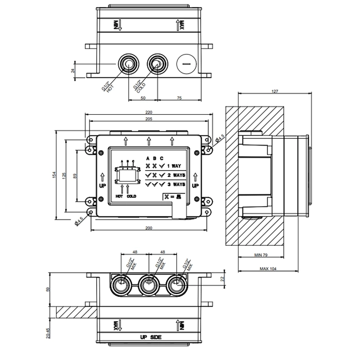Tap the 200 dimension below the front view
[x=149, y=227]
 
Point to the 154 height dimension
[x=55, y=175]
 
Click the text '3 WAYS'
[x=176, y=184]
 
